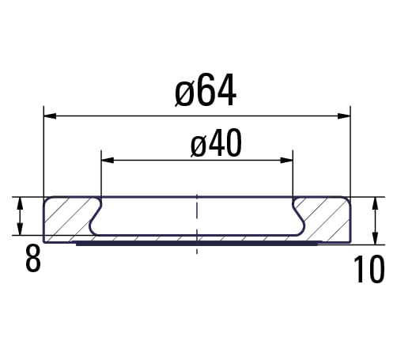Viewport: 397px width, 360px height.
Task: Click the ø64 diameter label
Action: click(206, 90)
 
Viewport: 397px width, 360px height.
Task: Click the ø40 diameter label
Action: click(216, 143)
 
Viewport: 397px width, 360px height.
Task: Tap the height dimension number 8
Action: click(33, 258)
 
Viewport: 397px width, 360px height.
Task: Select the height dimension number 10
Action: click(369, 270)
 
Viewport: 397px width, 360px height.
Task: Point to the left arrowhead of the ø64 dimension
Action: click(50, 116)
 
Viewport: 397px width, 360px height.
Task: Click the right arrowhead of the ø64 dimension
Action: click(344, 116)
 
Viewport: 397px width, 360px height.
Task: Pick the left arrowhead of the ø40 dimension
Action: click(108, 160)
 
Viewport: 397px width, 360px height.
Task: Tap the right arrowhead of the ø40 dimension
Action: click(286, 160)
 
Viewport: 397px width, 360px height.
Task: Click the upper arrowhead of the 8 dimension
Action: click(20, 203)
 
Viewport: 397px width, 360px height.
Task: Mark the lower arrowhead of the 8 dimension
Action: click(20, 229)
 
